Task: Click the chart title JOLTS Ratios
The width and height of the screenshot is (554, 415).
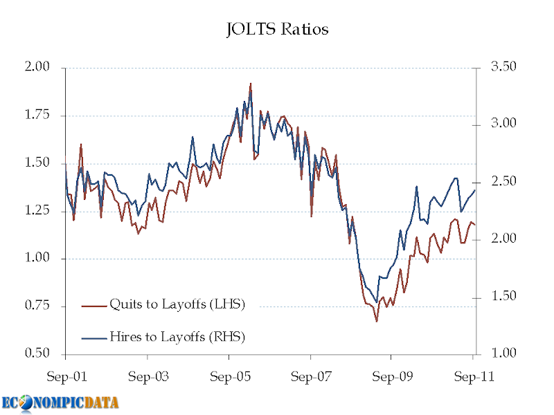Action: click(277, 30)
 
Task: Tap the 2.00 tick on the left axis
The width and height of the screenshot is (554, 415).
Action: click(38, 67)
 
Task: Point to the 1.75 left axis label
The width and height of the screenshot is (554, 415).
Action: click(38, 115)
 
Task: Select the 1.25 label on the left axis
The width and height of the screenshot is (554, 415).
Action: click(38, 210)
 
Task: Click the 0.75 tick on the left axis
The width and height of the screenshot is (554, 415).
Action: click(38, 306)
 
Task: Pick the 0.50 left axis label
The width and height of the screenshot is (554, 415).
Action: click(38, 353)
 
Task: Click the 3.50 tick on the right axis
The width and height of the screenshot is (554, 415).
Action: click(503, 67)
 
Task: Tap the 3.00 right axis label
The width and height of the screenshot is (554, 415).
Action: click(503, 124)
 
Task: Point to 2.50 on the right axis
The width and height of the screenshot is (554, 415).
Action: click(503, 181)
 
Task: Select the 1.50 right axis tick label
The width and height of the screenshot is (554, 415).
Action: click(503, 296)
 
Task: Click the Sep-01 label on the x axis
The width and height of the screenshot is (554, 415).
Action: click(66, 378)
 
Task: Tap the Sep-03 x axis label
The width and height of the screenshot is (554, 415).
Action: click(148, 378)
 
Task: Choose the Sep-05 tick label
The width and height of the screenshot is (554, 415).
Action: click(229, 378)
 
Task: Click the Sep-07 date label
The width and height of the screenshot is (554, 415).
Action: click(310, 378)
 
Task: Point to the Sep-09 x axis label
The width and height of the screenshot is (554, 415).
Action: click(391, 378)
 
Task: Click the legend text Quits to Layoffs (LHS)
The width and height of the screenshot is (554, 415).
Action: click(177, 304)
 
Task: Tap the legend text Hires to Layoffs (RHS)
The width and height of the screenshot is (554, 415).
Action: click(177, 337)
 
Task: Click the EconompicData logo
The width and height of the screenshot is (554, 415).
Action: click(60, 402)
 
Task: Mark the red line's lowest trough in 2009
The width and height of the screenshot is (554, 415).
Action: click(377, 321)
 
